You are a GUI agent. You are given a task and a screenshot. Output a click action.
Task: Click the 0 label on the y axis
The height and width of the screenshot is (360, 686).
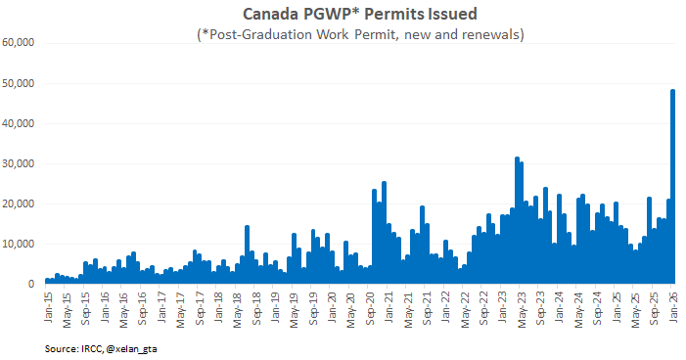click(32, 284)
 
